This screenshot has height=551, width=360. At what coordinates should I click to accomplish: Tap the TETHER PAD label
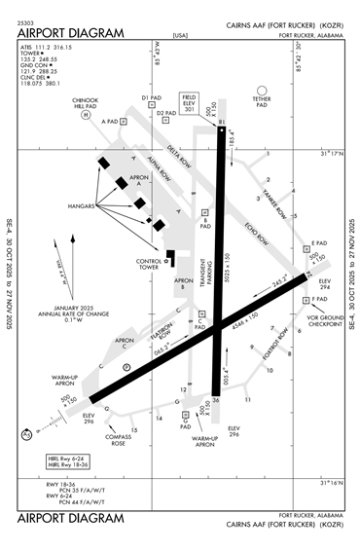[261, 101]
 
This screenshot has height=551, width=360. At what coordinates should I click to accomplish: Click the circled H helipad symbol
[85, 115]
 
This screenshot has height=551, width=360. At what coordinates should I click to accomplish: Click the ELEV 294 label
[325, 284]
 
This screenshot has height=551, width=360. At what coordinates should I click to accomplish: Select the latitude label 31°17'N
[333, 153]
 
